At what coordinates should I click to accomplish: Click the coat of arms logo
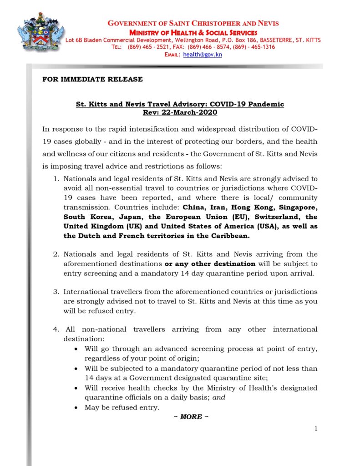coord(41,34)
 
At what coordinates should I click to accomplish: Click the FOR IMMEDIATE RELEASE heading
coord(92,79)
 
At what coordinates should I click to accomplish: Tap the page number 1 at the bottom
coord(315,428)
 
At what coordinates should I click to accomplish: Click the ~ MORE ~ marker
coord(191,417)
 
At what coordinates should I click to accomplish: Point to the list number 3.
coord(56,292)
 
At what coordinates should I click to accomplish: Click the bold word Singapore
coord(296,208)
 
